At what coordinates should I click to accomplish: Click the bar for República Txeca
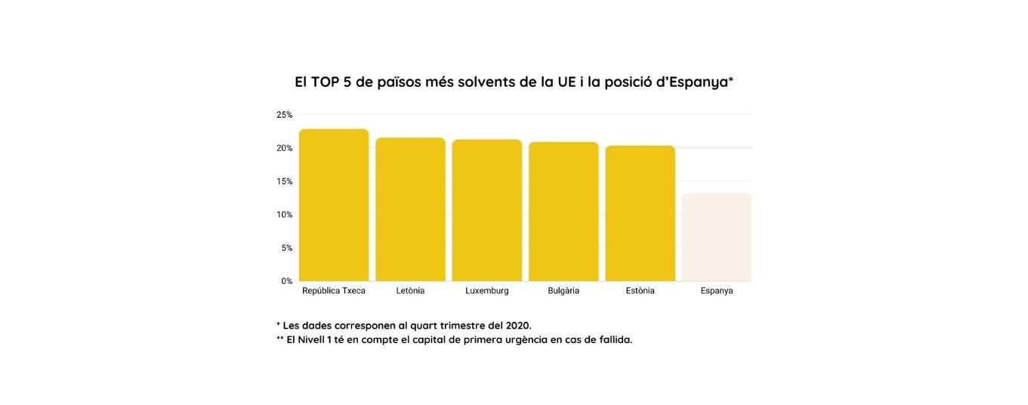tap(334, 205)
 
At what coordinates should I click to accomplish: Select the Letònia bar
tap(410, 209)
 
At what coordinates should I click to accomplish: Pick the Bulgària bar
tap(563, 212)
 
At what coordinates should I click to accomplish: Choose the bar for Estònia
tap(640, 213)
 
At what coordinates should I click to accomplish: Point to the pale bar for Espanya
tap(717, 237)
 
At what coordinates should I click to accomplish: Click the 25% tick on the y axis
tap(284, 115)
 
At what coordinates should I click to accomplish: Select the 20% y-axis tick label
tap(284, 148)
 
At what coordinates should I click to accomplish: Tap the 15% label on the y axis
tap(284, 181)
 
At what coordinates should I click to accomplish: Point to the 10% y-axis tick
tap(284, 215)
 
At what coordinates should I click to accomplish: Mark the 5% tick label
tap(286, 248)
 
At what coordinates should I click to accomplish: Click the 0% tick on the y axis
tap(286, 281)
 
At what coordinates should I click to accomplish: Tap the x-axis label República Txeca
tap(334, 291)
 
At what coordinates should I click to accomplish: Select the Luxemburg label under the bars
tap(487, 291)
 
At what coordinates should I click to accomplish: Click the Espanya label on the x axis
tap(717, 291)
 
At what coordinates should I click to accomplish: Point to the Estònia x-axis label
tap(641, 291)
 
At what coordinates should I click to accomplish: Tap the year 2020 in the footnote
tap(517, 326)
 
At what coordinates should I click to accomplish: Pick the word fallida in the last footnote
tap(613, 340)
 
